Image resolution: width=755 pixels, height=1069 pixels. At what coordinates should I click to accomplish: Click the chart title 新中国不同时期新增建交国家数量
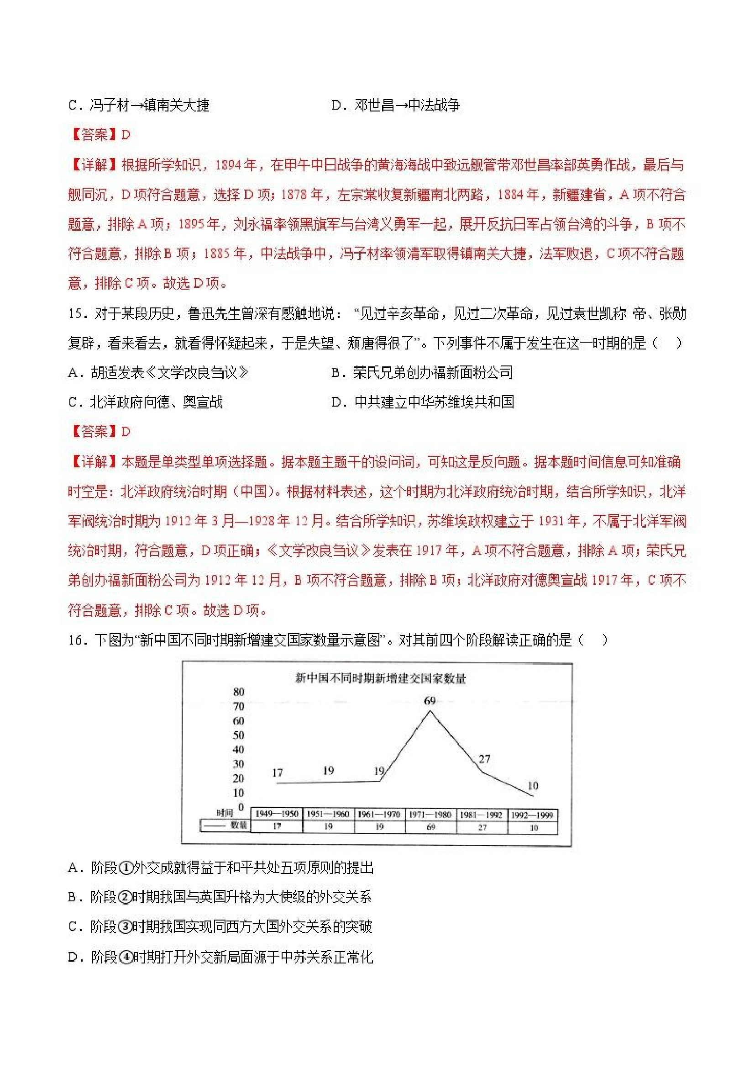(x=380, y=678)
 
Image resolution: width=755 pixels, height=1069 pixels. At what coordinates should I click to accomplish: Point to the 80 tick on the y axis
(x=238, y=692)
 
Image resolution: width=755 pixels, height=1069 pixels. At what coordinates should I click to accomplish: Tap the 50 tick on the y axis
(x=238, y=735)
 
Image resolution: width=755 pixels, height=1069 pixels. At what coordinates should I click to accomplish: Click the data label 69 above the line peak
(x=430, y=700)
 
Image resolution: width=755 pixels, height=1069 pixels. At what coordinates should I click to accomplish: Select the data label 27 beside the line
(x=484, y=759)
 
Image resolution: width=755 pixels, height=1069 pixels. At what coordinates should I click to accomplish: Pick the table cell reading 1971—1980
(x=430, y=815)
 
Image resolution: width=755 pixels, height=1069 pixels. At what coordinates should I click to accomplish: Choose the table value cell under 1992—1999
(x=533, y=827)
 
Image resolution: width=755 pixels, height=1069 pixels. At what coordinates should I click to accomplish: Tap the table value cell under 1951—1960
(x=328, y=827)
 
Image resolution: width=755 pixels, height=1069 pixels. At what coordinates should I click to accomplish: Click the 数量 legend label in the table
(x=239, y=826)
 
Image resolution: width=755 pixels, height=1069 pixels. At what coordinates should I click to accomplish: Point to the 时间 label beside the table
(x=224, y=813)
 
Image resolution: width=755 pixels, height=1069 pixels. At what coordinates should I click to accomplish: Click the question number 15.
(x=75, y=314)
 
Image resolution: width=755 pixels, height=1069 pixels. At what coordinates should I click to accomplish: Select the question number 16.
(x=75, y=640)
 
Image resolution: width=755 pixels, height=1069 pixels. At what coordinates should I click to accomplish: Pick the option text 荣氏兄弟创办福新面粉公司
(x=433, y=372)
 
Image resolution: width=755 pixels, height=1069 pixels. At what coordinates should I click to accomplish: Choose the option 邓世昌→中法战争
(x=407, y=105)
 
